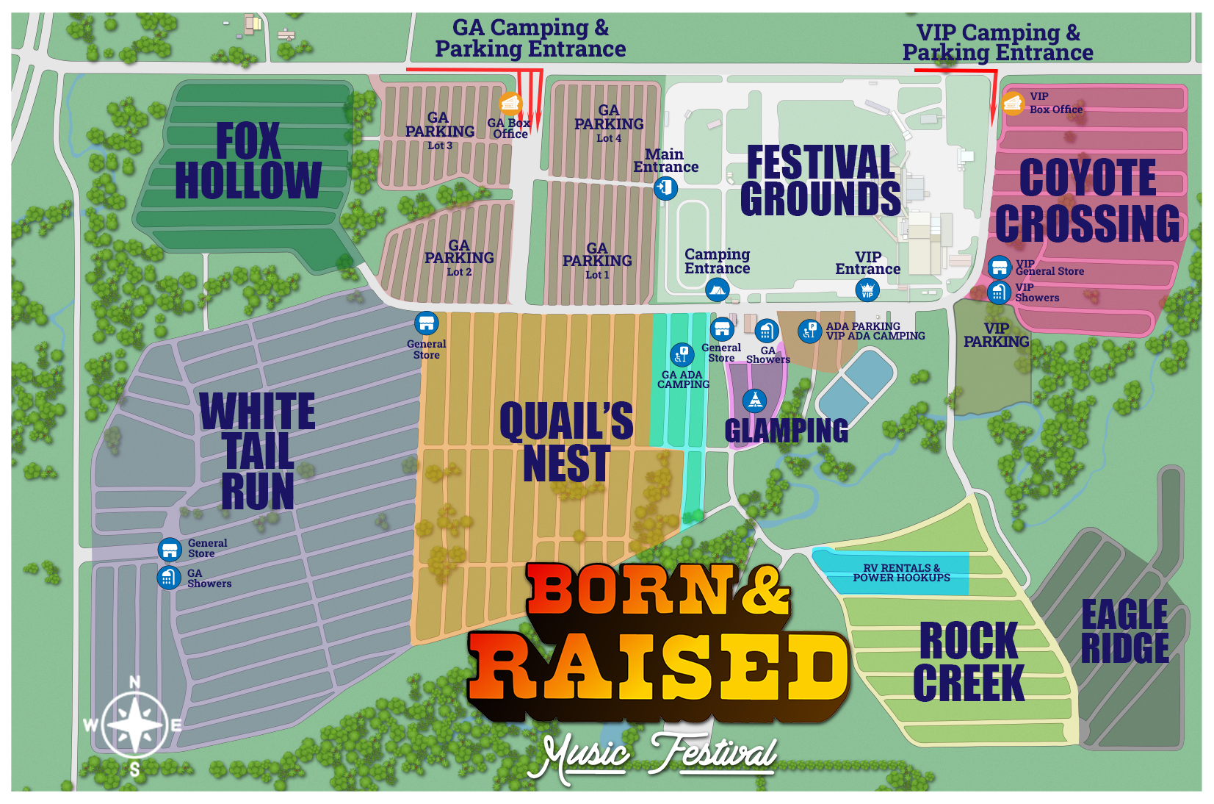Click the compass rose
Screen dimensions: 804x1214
[x=135, y=724]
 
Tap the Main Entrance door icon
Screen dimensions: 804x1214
[x=665, y=188]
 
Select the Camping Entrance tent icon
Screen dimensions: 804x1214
[x=717, y=290]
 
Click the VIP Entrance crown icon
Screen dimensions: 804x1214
[x=867, y=290]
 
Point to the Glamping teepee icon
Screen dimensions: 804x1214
[x=754, y=401]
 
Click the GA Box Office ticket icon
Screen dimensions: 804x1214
[x=510, y=104]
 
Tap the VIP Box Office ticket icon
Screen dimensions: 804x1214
[x=1013, y=104]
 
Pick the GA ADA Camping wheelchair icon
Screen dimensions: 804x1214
[x=682, y=354]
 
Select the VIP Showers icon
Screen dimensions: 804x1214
[x=999, y=292]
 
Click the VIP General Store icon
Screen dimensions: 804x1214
[x=999, y=267]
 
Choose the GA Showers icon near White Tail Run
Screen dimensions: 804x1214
[x=169, y=578]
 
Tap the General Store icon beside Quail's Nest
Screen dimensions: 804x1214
[x=426, y=323]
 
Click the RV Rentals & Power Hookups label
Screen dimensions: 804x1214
[x=901, y=573]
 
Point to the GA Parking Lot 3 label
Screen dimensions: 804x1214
[x=440, y=131]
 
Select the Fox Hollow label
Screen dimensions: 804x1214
[x=248, y=161]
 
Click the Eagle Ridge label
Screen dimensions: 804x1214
[x=1124, y=631]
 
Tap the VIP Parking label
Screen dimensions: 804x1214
[x=996, y=335]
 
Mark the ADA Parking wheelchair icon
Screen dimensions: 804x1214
[x=809, y=331]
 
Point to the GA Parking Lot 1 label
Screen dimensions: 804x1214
[x=597, y=260]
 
